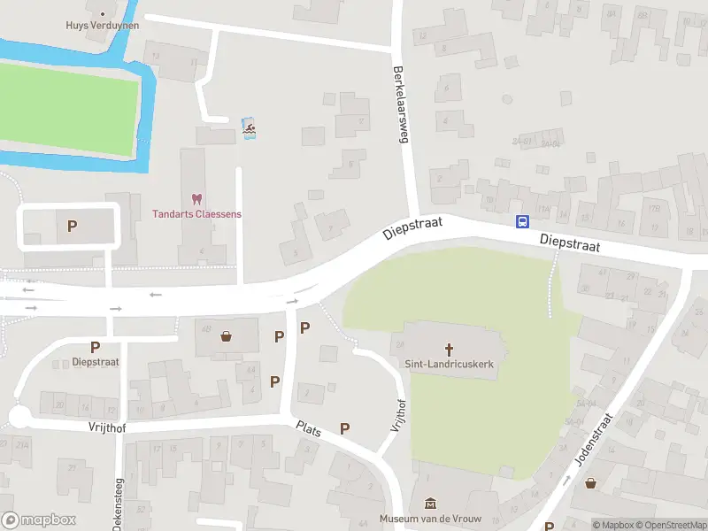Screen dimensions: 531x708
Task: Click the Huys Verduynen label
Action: click(x=103, y=26)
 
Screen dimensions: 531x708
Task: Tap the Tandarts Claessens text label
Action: click(x=196, y=214)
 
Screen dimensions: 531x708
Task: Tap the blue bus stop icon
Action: click(x=523, y=222)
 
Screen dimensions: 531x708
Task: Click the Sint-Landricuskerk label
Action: click(x=448, y=364)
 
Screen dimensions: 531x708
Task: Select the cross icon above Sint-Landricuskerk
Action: click(x=448, y=349)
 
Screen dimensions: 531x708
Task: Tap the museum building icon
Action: click(x=431, y=504)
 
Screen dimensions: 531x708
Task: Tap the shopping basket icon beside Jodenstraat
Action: click(x=590, y=483)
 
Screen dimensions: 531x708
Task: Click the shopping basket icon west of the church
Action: click(x=227, y=335)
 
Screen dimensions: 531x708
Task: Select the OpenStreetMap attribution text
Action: click(x=672, y=525)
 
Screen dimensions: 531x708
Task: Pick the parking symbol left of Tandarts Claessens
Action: click(x=73, y=226)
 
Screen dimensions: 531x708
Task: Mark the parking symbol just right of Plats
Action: click(x=344, y=429)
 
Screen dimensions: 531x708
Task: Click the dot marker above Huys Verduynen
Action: click(x=103, y=13)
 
